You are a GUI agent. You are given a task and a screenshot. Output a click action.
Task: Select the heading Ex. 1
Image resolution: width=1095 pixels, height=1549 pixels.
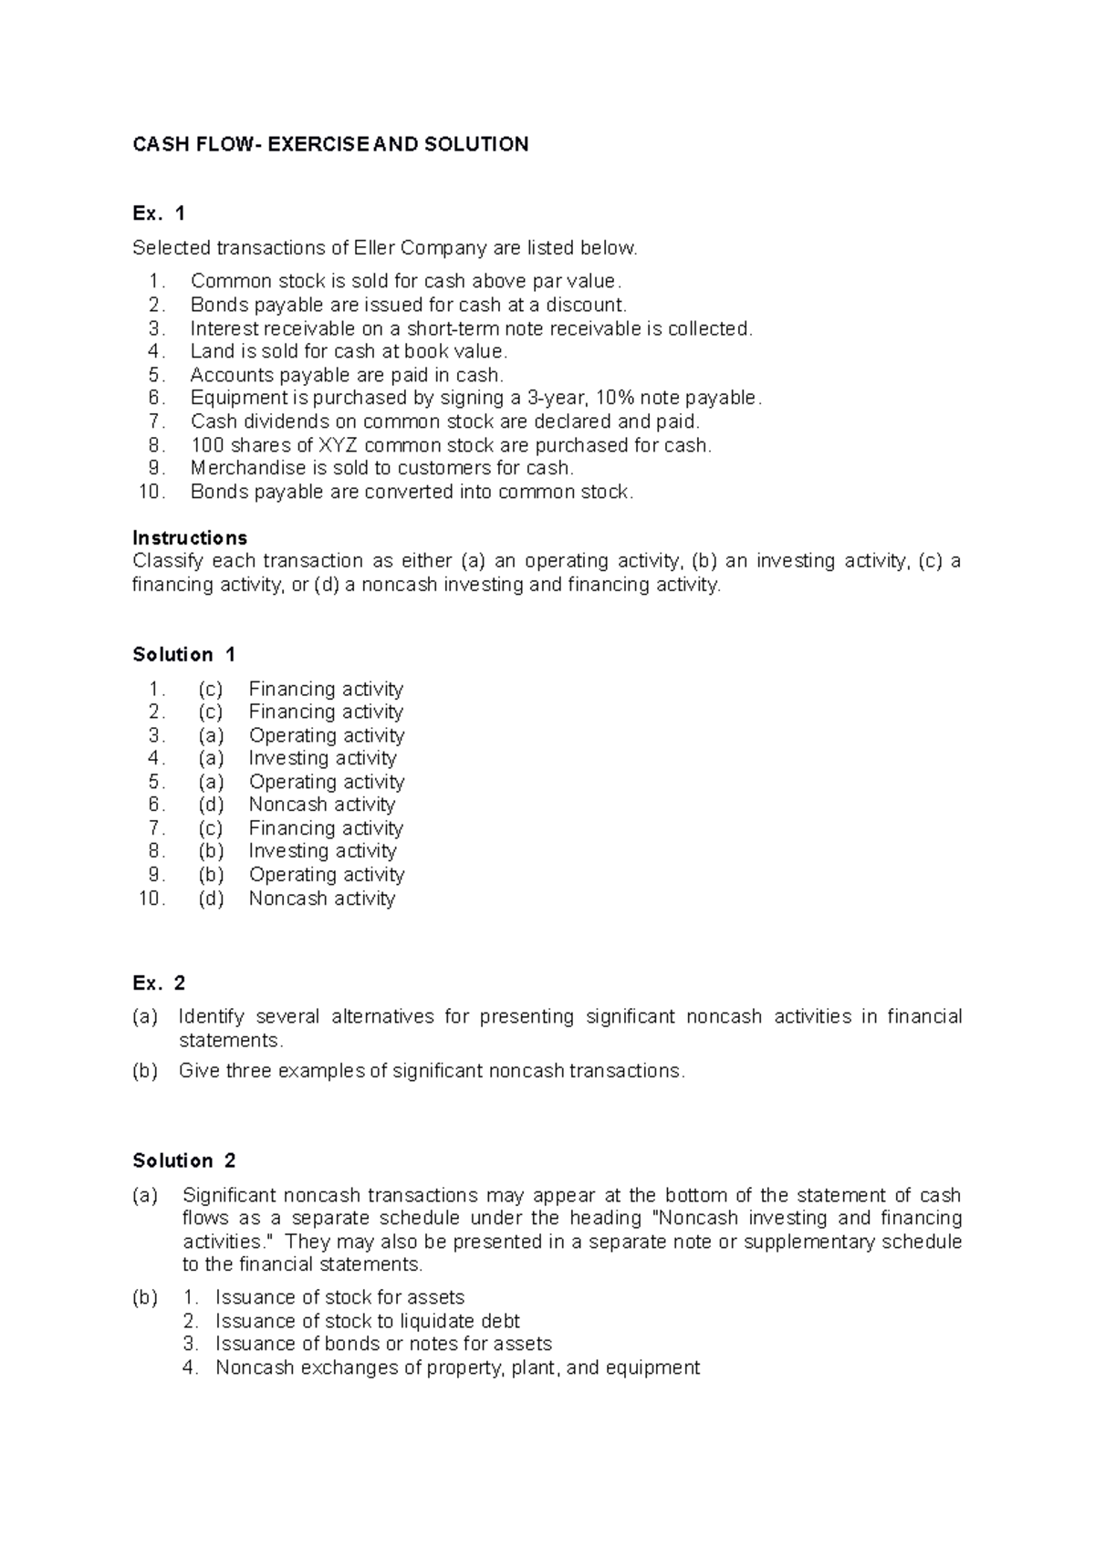coord(159,213)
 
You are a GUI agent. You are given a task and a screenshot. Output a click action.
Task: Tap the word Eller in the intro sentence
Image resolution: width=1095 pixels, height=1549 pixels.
coord(375,248)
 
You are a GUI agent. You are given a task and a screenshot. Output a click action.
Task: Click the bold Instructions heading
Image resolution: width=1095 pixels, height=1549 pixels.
coord(190,537)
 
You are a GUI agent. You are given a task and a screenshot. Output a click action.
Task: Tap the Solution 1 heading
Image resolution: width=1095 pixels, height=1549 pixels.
coord(183,654)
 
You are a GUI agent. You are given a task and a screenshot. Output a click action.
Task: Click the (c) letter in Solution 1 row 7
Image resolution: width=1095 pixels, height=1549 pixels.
coord(211,828)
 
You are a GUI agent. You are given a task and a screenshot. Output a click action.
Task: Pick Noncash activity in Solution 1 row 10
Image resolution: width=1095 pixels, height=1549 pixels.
coord(322,899)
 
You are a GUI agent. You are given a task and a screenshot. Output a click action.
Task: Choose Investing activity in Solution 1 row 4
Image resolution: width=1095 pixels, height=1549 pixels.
coord(322,758)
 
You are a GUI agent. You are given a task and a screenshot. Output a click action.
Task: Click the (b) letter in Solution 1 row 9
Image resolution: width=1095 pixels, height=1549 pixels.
coord(211,875)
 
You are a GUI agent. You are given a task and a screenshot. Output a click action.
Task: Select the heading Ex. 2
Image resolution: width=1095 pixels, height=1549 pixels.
coord(159,982)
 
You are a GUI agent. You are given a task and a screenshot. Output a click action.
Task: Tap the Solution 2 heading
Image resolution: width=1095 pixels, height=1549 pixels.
coord(183,1160)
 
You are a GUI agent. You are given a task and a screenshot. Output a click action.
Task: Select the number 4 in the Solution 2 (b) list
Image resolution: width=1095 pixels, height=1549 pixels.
coord(189,1367)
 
